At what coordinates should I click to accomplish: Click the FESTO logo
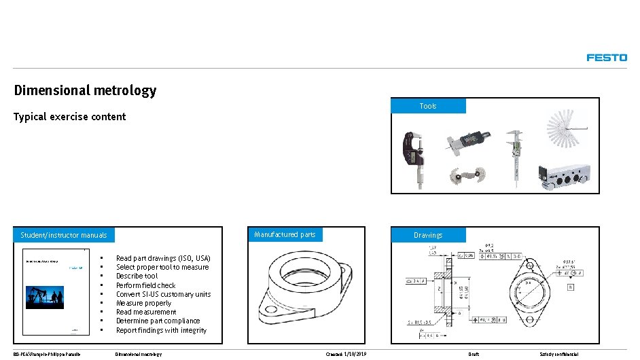point(606,58)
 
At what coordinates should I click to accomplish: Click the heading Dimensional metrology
point(85,90)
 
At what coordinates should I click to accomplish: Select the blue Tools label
point(428,106)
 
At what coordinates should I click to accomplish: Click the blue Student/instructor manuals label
point(64,235)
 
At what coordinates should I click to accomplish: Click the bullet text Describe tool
point(137,276)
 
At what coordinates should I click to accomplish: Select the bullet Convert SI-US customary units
point(163,294)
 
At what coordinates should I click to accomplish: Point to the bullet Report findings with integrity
point(161,330)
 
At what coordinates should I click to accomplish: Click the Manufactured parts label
point(285,235)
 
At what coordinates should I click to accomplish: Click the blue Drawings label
point(428,235)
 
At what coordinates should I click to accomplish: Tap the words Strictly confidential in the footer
point(558,355)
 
